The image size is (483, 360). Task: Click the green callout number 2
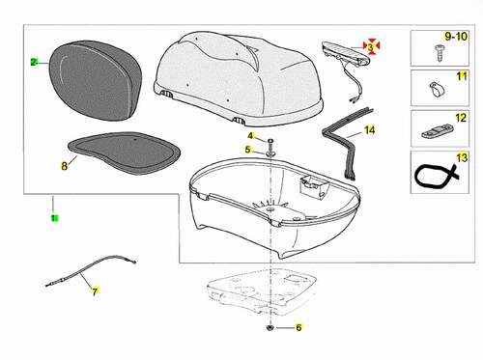tap(34, 62)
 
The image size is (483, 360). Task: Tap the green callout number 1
tap(55, 218)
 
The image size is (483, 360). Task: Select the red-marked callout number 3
tap(371, 47)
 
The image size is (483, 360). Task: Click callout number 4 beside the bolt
tap(250, 136)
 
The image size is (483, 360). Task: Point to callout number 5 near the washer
tap(247, 150)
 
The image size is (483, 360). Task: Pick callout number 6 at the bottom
tap(298, 327)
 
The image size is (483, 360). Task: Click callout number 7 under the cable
tap(95, 291)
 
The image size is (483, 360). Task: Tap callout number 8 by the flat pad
tap(65, 166)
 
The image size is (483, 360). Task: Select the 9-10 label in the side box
tap(456, 37)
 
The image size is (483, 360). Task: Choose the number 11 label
tap(462, 76)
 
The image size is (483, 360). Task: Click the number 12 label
tap(461, 118)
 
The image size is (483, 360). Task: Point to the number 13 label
tap(462, 157)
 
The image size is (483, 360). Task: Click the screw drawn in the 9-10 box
tap(439, 53)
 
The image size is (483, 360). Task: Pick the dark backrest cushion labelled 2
tap(96, 80)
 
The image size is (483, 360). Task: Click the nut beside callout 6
tap(270, 328)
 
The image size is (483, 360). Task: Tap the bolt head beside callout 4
tap(270, 141)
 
